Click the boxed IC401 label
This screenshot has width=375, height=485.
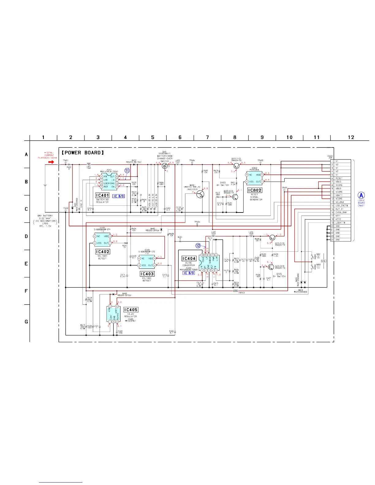click(102, 195)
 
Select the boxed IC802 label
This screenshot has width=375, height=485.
click(255, 190)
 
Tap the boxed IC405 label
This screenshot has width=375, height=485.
click(131, 310)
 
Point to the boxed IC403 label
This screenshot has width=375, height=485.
click(147, 274)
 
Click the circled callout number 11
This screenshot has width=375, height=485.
click(127, 171)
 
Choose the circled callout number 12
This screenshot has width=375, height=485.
click(198, 246)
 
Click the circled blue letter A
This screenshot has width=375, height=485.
click(361, 195)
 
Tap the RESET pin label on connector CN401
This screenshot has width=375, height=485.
click(339, 178)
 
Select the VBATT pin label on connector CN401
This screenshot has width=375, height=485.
click(339, 195)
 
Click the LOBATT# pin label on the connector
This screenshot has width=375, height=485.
click(340, 223)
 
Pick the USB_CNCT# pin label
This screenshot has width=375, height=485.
click(341, 206)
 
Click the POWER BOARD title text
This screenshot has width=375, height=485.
click(83, 153)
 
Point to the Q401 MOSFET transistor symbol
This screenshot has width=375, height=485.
click(165, 166)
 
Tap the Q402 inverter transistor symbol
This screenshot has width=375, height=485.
click(200, 194)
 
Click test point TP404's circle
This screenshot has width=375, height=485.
click(197, 224)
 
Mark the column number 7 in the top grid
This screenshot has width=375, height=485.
click(207, 137)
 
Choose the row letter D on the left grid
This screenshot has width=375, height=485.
click(26, 236)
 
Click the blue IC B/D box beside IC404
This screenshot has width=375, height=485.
click(189, 273)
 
